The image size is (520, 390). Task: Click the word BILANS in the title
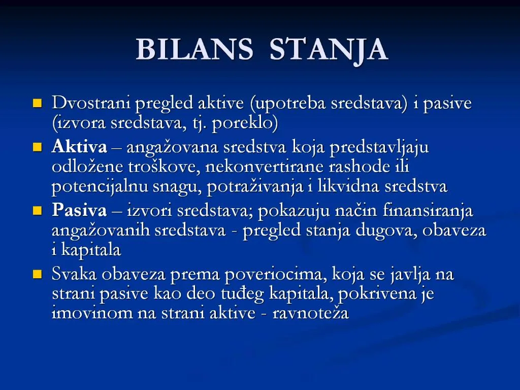pos(194,50)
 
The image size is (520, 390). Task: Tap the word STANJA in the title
pos(328,50)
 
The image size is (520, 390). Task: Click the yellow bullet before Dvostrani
pos(37,104)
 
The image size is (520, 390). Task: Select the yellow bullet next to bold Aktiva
pos(37,148)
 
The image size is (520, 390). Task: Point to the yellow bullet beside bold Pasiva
pos(37,211)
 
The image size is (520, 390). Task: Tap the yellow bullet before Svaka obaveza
pos(37,275)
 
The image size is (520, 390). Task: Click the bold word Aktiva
pos(79,148)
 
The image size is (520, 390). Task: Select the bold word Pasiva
pos(79,211)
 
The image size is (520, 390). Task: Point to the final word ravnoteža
pos(310,313)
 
